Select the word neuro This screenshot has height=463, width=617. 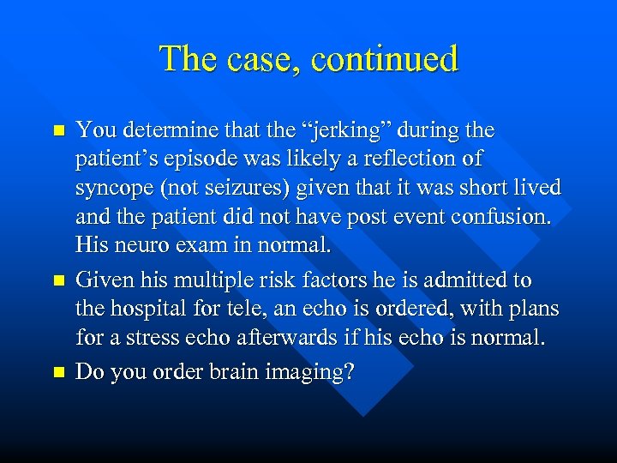(x=135, y=244)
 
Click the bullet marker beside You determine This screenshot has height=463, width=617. (x=58, y=131)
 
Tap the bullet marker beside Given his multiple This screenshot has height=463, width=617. (x=58, y=281)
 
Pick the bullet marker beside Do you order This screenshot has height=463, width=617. (x=58, y=372)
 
